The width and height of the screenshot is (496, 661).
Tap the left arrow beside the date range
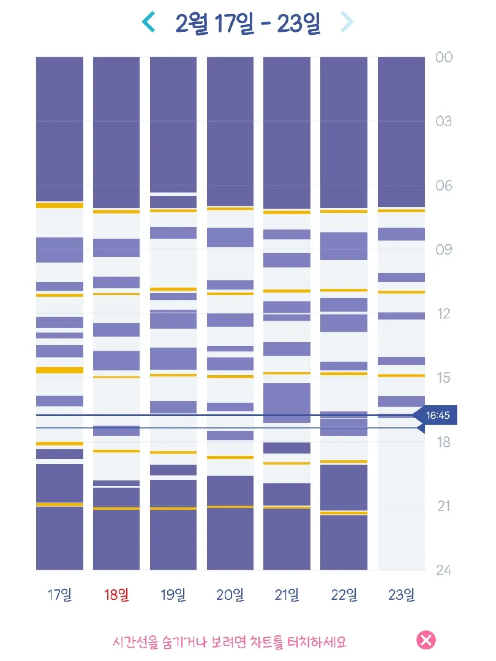(x=148, y=22)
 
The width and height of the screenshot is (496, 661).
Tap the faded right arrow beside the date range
(x=347, y=22)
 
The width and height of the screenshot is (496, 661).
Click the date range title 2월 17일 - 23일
(x=248, y=23)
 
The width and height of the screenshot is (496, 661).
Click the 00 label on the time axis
(x=444, y=58)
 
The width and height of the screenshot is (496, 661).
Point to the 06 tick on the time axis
(x=444, y=185)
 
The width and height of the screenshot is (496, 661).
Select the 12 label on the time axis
(x=444, y=313)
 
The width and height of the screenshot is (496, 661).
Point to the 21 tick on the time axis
(x=444, y=506)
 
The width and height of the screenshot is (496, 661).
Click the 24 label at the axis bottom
(x=444, y=570)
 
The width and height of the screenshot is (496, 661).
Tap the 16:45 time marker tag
(x=436, y=416)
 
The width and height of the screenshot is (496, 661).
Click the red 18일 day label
(x=116, y=595)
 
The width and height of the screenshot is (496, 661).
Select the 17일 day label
(x=59, y=595)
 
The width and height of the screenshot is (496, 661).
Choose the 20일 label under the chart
(x=230, y=595)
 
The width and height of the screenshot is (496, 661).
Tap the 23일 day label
(x=401, y=595)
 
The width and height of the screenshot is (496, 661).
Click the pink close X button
(x=426, y=640)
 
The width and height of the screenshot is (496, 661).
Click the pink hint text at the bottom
(x=230, y=642)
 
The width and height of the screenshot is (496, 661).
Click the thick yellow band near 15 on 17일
(x=59, y=370)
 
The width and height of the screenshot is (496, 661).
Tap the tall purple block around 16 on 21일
(x=287, y=403)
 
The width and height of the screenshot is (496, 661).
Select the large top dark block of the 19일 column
(x=173, y=124)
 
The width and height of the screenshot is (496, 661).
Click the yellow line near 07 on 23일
(x=401, y=210)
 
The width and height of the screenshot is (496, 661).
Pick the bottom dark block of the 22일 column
(x=344, y=542)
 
